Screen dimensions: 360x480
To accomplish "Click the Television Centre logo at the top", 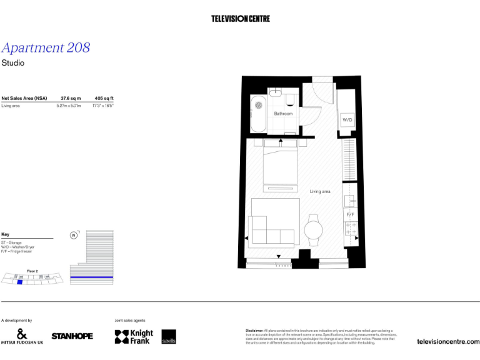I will coord(241,19).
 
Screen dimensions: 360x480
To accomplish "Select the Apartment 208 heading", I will coord(46,48).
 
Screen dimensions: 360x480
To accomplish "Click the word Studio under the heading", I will coord(12,63).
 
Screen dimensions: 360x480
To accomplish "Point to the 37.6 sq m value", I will coord(71,98).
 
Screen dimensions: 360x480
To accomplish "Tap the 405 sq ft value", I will coord(104,98).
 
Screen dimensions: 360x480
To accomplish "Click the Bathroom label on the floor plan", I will coord(283,114).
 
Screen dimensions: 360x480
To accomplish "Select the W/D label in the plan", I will coord(347,119).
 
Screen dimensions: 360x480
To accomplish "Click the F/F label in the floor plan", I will coord(351,215).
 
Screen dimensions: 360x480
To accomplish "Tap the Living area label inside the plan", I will coord(320,191).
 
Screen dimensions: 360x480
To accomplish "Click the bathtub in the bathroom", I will coord(258,114).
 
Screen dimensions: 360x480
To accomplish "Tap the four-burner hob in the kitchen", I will coord(351,227).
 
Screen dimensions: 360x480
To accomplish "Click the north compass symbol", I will coord(74,235).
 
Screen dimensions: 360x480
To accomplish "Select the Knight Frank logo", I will coord(134,337).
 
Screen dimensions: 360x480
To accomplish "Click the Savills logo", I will coord(169,337).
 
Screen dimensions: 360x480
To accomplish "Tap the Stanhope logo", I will coord(72,336).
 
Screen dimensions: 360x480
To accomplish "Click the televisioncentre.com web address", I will coord(447,341).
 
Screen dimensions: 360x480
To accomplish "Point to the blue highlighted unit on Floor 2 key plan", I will coord(20,282).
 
